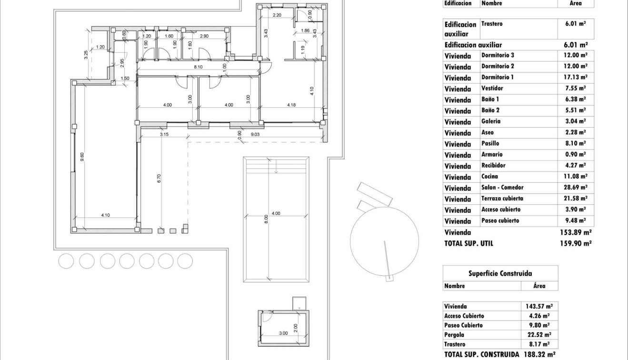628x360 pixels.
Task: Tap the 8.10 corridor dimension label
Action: (x=198, y=67)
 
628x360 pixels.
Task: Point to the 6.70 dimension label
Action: (x=159, y=179)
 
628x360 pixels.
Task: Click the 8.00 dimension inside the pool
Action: (x=266, y=219)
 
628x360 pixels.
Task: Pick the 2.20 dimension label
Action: (x=277, y=15)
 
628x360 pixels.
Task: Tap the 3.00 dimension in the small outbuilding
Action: (x=283, y=333)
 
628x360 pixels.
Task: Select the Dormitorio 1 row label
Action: (x=498, y=77)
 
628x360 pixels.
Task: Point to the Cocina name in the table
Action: (x=489, y=176)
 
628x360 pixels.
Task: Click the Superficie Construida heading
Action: (x=500, y=273)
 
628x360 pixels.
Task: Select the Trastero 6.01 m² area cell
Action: (x=575, y=23)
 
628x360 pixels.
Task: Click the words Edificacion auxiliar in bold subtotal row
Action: (x=473, y=45)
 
